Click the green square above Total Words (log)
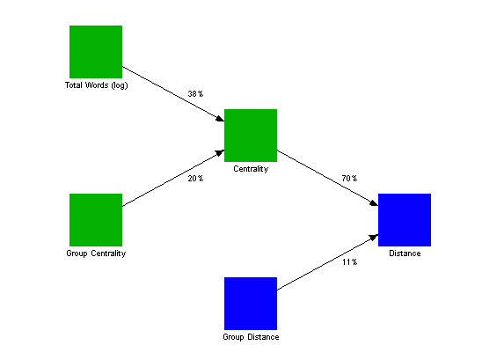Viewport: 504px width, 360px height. tap(96, 52)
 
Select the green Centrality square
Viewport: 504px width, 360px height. tap(251, 136)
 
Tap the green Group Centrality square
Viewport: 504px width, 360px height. tap(96, 220)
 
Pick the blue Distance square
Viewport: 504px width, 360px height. tap(405, 220)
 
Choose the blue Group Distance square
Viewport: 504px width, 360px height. tap(251, 304)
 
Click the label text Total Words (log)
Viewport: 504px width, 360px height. tap(97, 85)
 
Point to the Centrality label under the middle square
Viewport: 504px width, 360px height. tap(251, 169)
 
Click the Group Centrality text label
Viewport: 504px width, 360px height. tap(96, 253)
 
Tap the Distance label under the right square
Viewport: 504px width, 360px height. tap(405, 253)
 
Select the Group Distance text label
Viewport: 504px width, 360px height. tap(251, 337)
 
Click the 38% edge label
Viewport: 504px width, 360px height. tap(195, 94)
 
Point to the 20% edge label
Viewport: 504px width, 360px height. tap(195, 179)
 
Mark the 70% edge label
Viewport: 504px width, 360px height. tap(349, 179)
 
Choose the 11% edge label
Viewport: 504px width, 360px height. tap(349, 262)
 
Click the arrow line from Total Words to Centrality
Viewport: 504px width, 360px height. tap(173, 94)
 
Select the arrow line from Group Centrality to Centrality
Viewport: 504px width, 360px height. tap(173, 178)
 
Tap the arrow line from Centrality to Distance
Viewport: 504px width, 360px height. tap(327, 178)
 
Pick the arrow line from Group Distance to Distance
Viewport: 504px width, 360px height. tap(327, 262)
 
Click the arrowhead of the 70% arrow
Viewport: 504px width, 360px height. tap(374, 203)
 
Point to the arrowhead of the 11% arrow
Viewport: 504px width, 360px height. tap(374, 238)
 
